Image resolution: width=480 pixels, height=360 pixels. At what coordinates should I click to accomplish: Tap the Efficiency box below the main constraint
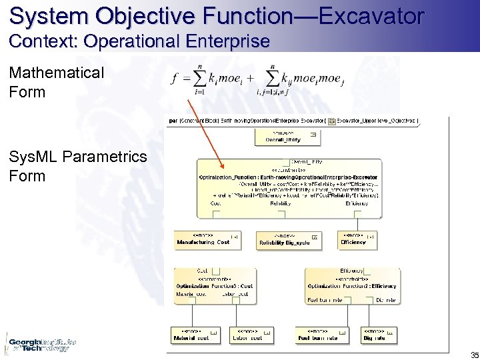tap(358, 239)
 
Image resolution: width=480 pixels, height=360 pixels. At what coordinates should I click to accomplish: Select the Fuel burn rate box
tap(325, 335)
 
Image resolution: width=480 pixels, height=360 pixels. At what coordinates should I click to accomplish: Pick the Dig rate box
tap(379, 335)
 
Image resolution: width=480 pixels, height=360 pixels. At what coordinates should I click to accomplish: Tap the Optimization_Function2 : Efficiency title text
tap(351, 285)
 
